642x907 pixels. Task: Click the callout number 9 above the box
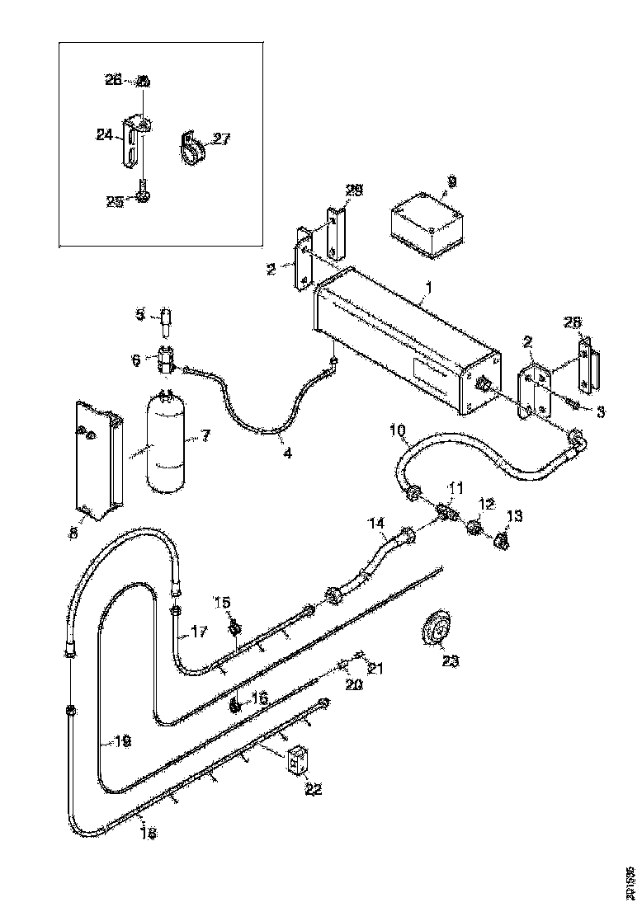point(451,180)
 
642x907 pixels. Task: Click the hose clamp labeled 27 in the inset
point(191,147)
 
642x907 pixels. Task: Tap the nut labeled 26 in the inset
point(143,82)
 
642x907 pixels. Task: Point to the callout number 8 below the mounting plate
point(73,533)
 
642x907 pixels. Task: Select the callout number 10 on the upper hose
point(398,430)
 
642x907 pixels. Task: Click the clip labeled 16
point(235,705)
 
